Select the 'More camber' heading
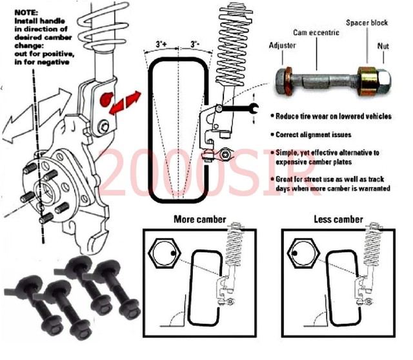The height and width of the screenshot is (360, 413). coord(199,219)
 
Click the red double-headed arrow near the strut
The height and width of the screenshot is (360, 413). coord(126,103)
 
